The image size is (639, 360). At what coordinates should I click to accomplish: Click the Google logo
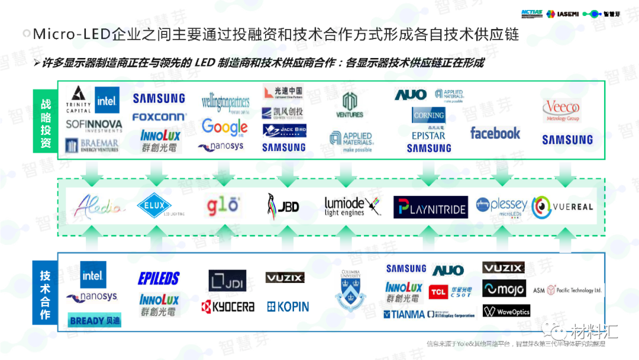pyautogui.click(x=224, y=127)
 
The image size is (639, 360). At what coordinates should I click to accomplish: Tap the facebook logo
pyautogui.click(x=495, y=133)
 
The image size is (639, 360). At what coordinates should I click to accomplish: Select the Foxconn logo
pyautogui.click(x=159, y=117)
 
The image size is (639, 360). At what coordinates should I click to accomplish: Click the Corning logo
pyautogui.click(x=428, y=115)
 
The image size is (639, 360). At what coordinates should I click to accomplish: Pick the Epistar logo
pyautogui.click(x=428, y=136)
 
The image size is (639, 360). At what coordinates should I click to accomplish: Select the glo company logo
pyautogui.click(x=222, y=205)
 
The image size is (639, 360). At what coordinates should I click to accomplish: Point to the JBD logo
pyautogui.click(x=283, y=206)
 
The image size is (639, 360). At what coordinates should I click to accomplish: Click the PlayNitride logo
pyautogui.click(x=431, y=207)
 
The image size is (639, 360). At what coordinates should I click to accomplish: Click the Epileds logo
pyautogui.click(x=159, y=278)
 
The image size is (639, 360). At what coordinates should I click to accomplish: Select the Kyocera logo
pyautogui.click(x=228, y=307)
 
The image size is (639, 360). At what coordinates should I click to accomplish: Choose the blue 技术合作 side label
pyautogui.click(x=46, y=295)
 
